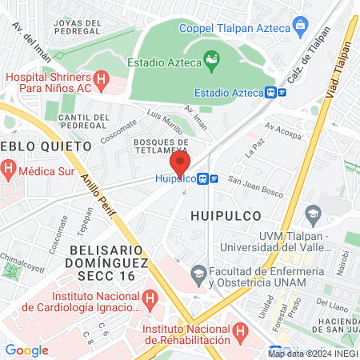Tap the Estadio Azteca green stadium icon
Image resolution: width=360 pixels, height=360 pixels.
(211, 58)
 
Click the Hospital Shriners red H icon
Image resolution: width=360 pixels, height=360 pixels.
(102, 79)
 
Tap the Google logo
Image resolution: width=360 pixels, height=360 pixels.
(26, 350)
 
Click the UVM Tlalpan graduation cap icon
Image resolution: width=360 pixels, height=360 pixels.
(313, 214)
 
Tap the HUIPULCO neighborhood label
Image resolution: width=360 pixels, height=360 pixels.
(222, 214)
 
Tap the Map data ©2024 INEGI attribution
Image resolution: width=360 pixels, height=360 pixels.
(312, 353)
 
